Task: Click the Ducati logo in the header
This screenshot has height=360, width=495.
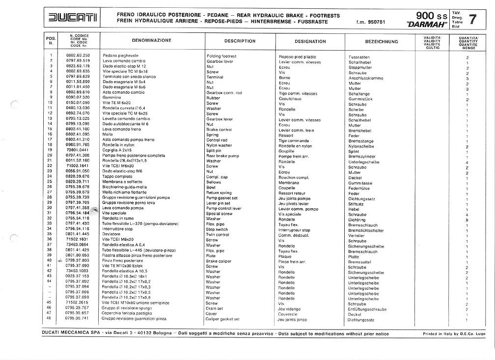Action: point(73,19)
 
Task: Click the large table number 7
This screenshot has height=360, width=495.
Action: point(472,20)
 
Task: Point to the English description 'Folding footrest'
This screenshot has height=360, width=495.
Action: point(221,56)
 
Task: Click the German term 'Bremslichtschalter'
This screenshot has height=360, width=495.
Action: point(366,230)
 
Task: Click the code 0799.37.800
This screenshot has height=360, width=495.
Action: point(78,260)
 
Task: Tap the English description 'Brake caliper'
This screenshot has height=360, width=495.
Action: point(219,261)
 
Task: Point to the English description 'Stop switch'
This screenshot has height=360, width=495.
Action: point(217,229)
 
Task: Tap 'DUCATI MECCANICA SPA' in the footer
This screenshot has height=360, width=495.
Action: point(70,333)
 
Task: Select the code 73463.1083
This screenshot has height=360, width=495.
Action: point(77,271)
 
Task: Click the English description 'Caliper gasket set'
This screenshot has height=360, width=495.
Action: point(222,319)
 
